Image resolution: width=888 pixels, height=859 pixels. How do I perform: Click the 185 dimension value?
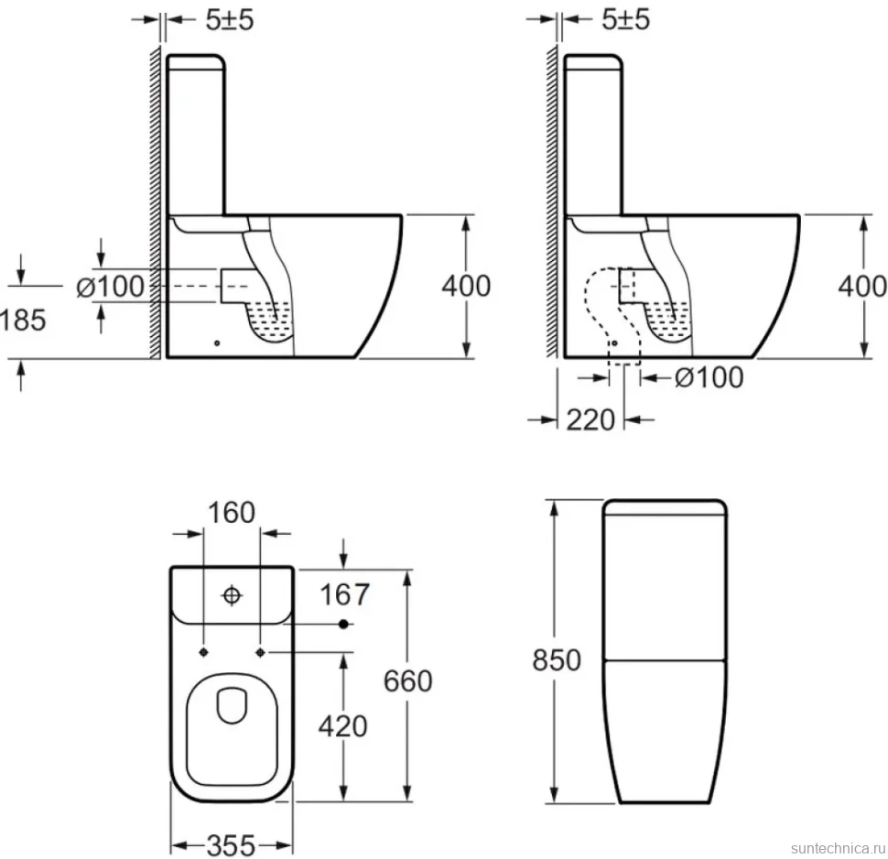click(x=23, y=321)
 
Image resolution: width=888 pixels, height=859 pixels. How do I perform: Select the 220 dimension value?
click(x=590, y=420)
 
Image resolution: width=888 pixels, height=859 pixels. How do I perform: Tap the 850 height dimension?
click(x=557, y=660)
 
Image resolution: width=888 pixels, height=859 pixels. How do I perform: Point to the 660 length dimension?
click(x=407, y=681)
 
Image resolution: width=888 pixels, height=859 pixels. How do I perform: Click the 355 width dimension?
click(x=231, y=846)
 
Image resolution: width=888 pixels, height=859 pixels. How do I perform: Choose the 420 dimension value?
click(x=342, y=726)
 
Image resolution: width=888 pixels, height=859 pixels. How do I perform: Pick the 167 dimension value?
click(x=344, y=594)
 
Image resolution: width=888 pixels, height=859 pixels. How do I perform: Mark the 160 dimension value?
click(x=232, y=513)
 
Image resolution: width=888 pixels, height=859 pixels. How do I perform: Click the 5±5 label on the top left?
click(x=230, y=20)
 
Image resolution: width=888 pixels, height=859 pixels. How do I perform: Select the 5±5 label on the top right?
click(x=625, y=20)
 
